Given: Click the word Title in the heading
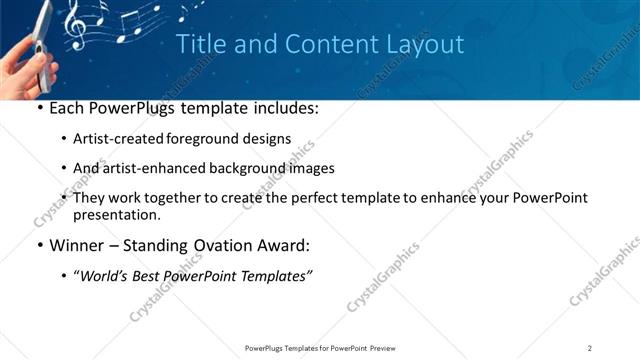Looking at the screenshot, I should pos(199,45).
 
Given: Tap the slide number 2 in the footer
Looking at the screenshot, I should pos(590,347).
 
